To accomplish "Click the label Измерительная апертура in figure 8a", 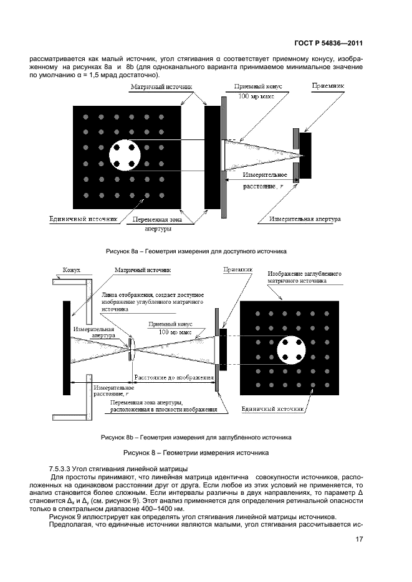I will pyautogui.click(x=305, y=219).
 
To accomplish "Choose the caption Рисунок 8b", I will pyautogui.click(x=196, y=438).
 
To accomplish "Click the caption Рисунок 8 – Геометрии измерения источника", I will pyautogui.click(x=196, y=453).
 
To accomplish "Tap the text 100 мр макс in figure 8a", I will pyautogui.click(x=256, y=96).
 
